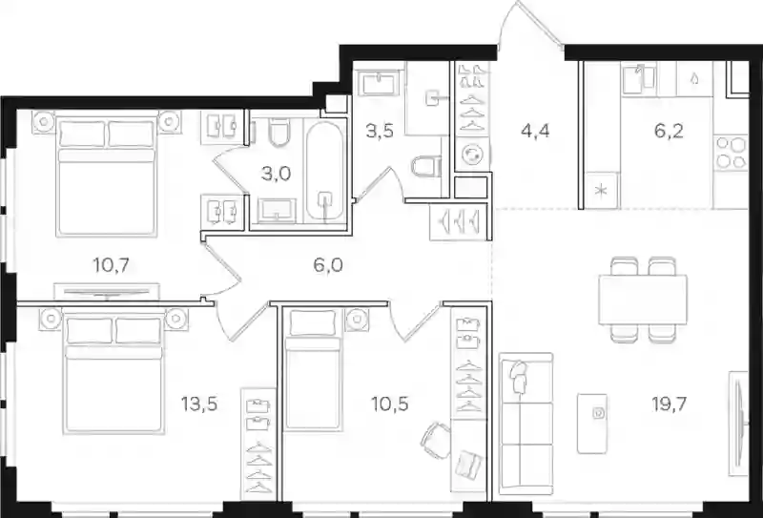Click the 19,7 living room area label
click(670, 404)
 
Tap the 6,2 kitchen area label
click(670, 131)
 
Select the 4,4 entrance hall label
click(535, 131)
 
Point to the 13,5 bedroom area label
click(198, 404)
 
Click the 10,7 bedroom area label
click(111, 265)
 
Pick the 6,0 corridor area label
click(328, 265)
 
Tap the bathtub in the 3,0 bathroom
click(324, 171)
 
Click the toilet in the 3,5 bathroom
click(426, 166)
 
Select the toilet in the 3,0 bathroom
click(279, 132)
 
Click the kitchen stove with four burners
click(731, 153)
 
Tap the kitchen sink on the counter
click(638, 79)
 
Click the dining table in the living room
click(643, 300)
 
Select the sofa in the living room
click(526, 424)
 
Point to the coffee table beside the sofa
click(592, 424)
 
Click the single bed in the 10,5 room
click(314, 370)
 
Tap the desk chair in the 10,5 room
click(436, 441)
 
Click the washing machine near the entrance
click(472, 155)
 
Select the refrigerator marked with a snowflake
click(602, 191)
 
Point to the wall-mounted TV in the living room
click(737, 424)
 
